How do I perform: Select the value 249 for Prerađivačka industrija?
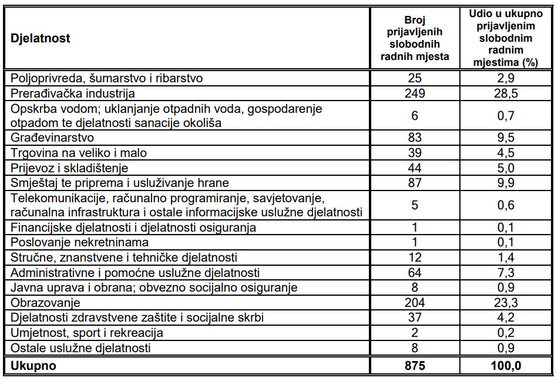click(415, 93)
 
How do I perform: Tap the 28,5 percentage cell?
click(505, 93)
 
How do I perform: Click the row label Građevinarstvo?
click(52, 138)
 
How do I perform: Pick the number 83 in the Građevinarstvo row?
click(415, 138)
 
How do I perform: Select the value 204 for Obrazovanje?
click(415, 303)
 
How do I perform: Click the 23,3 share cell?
click(505, 303)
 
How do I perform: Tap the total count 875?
click(415, 365)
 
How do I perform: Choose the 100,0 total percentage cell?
click(505, 365)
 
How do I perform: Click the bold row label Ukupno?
click(33, 365)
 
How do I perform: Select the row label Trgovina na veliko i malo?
click(78, 153)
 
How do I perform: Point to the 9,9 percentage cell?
click(505, 183)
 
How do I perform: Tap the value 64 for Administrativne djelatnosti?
click(415, 273)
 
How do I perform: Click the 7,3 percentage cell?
click(505, 273)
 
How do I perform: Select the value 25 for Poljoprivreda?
click(415, 78)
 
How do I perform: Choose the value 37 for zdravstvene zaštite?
click(415, 318)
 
